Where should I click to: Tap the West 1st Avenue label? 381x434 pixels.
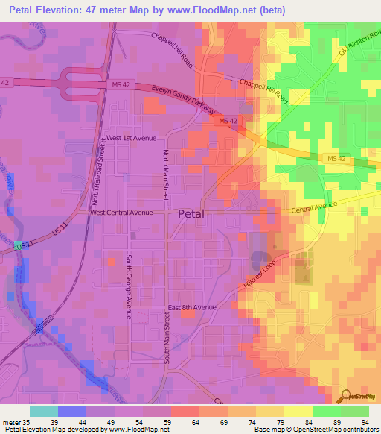[x=132, y=139]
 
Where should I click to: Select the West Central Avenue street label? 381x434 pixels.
[x=121, y=213]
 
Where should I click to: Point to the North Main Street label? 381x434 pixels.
[x=166, y=174]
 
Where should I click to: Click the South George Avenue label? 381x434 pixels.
[x=128, y=286]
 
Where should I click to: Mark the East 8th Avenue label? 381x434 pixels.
[x=191, y=307]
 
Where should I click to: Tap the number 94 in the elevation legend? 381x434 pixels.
[x=364, y=422]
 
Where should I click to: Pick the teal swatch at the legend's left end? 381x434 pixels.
[x=43, y=411]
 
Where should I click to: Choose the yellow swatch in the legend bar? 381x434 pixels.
[x=299, y=411]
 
